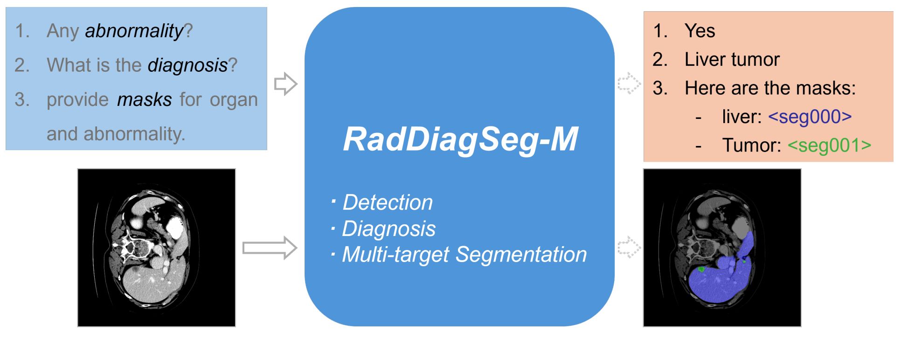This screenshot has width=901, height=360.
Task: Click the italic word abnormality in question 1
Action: pyautogui.click(x=134, y=31)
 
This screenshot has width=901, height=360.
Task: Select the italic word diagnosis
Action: pyautogui.click(x=187, y=65)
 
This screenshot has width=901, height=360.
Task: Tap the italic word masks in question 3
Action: pyautogui.click(x=145, y=99)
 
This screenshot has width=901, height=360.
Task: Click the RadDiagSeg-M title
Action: pyautogui.click(x=461, y=139)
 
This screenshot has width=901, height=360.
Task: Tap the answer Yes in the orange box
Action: pyautogui.click(x=700, y=31)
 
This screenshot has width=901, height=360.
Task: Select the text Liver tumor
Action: pyautogui.click(x=732, y=59)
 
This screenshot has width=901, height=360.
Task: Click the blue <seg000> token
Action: pyautogui.click(x=810, y=117)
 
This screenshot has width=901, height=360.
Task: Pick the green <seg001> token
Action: pyautogui.click(x=829, y=145)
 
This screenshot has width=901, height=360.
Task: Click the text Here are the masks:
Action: pyautogui.click(x=770, y=88)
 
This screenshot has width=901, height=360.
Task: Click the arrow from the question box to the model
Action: pyautogui.click(x=285, y=84)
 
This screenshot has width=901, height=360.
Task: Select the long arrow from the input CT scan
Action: pyautogui.click(x=270, y=248)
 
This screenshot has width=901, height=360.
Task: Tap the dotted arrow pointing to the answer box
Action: pyautogui.click(x=629, y=84)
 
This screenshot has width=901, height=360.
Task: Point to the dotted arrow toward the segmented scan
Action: pyautogui.click(x=629, y=247)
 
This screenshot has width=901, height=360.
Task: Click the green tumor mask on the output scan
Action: pyautogui.click(x=701, y=269)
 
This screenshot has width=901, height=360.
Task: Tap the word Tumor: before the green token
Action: pyautogui.click(x=751, y=145)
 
